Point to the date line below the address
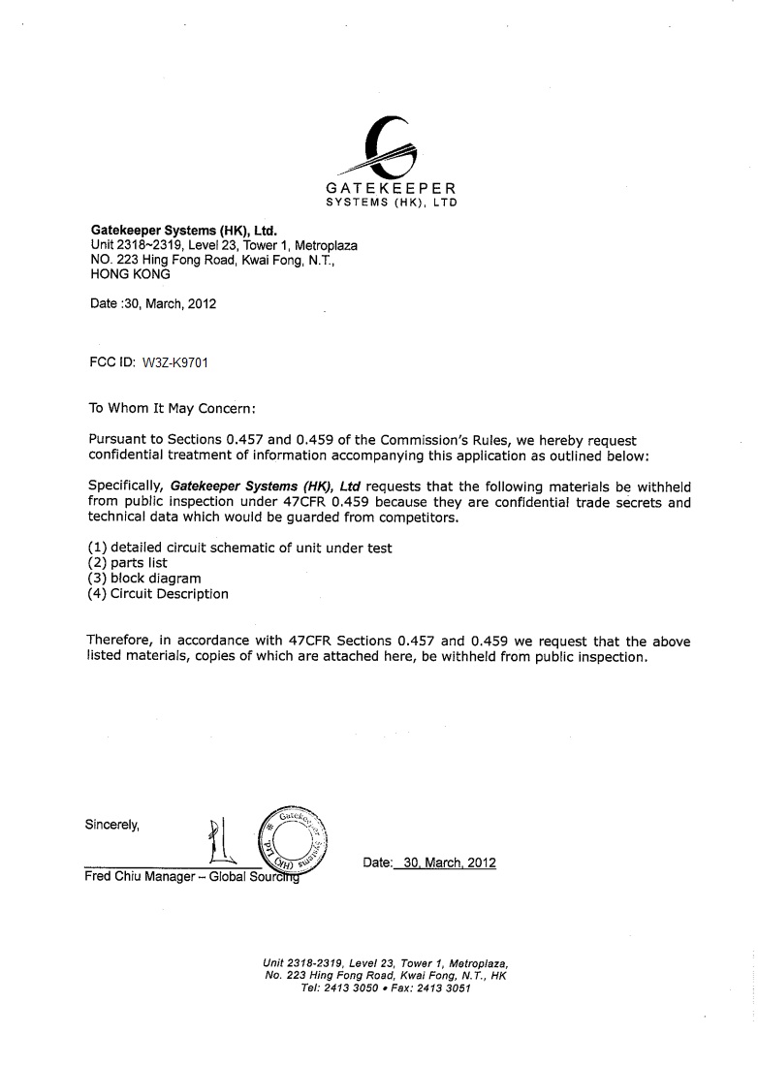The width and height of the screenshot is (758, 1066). coord(152,303)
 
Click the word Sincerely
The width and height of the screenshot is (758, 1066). coord(113,826)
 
